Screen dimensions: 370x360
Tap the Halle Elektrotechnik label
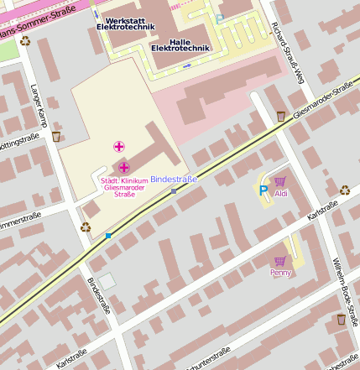point(180,44)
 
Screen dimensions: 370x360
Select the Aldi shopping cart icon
point(280,181)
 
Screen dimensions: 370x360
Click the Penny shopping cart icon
point(279,262)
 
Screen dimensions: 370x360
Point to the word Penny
point(279,273)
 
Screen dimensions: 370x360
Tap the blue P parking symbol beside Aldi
point(263,190)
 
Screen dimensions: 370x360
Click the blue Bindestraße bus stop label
point(174,180)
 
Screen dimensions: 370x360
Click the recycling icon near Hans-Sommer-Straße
point(25,40)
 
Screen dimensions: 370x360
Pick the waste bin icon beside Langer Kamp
point(56,136)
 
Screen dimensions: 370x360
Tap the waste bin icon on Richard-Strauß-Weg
point(281,117)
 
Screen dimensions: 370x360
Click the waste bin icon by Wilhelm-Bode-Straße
point(341,320)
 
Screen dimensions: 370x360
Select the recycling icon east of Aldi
point(345,190)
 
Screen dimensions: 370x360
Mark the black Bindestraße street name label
point(99,295)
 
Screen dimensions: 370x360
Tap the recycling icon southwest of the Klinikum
point(85,227)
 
